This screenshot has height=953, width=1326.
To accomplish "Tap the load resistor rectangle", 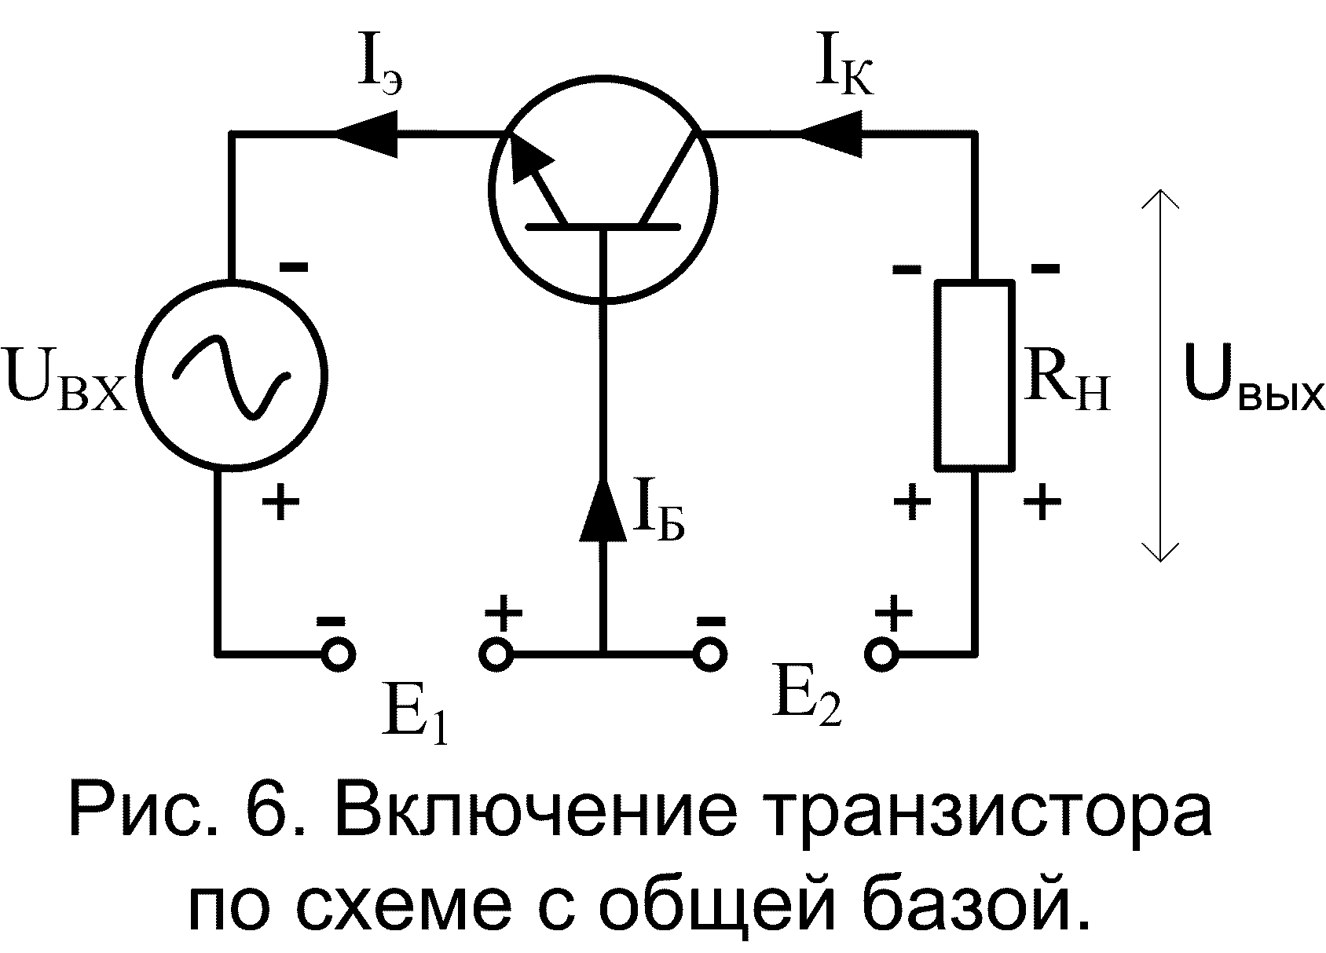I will point(973,375).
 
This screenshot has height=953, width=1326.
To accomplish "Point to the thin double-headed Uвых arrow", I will point(1159,375).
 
